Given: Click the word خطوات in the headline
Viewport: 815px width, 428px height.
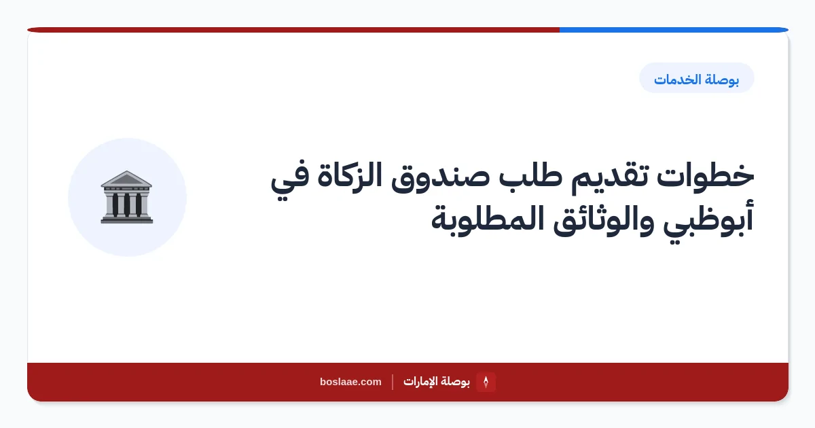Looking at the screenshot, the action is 705,177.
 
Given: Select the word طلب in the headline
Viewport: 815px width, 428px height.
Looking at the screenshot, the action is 530,176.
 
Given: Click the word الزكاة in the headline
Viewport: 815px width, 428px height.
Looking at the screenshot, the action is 350,175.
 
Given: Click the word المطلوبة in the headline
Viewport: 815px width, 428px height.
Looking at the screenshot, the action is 488,218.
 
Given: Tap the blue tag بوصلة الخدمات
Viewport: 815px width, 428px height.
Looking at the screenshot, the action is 696,78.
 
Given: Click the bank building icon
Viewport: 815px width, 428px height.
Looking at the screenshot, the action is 127,197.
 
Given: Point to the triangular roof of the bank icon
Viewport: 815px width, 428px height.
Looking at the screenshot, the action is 126,178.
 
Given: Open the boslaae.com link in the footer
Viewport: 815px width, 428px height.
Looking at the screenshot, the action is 350,382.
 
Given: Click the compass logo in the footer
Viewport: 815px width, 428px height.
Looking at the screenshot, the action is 486,382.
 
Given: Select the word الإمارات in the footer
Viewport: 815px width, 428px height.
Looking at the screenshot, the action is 418,381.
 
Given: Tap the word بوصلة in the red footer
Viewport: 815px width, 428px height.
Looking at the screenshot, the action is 454,382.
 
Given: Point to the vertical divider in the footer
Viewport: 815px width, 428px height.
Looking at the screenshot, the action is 393,382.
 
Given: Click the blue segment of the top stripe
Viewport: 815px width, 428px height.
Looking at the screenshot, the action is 674,30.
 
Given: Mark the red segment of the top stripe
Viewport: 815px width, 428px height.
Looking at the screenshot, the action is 293,30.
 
